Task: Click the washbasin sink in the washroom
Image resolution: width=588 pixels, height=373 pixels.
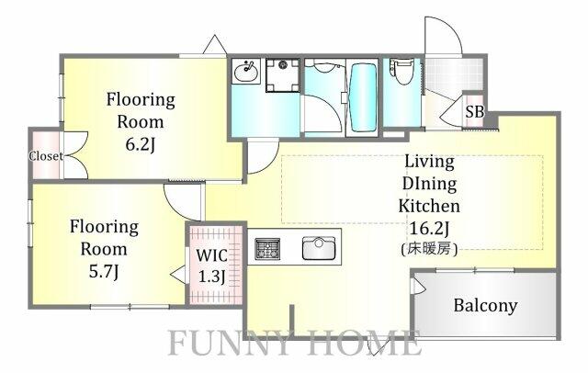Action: coord(246,71)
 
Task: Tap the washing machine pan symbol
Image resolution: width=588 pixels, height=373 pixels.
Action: coord(282,75)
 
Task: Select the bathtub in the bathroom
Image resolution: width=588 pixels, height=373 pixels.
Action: coord(362,97)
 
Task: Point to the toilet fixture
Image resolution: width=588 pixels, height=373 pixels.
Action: coord(401,71)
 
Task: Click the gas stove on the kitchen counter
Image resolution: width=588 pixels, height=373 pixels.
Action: coord(267,249)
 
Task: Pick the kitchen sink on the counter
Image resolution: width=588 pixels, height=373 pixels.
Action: coord(319,248)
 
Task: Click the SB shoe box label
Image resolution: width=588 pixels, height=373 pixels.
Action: coord(475,112)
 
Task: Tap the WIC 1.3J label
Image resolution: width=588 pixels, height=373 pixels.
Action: coord(212,266)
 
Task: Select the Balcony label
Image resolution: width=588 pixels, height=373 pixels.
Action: coord(485,306)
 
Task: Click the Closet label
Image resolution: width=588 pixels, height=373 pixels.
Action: coord(46,156)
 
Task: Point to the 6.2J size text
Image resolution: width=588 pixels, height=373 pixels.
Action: coord(140,144)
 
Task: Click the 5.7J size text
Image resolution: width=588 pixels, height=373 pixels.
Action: coord(104,272)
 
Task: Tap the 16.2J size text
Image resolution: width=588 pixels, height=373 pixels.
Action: coord(429,228)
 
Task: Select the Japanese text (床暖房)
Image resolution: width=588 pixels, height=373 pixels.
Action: coord(429,249)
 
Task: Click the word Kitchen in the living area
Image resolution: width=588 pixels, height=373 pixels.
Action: coord(429,206)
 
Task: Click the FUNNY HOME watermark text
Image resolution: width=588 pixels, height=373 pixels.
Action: coord(294,343)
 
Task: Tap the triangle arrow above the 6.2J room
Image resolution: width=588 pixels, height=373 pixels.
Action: coord(214,44)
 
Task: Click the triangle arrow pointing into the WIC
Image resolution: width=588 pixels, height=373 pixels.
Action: coord(178,275)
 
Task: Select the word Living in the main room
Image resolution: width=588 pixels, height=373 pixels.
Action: coord(429,162)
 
